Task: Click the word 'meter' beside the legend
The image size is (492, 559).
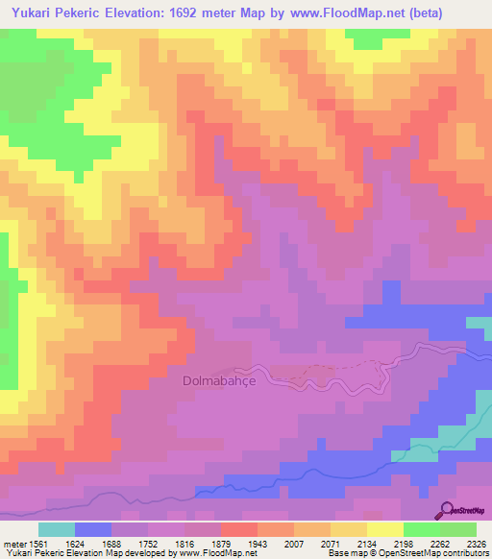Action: [14, 543]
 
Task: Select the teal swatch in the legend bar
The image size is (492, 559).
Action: [56, 529]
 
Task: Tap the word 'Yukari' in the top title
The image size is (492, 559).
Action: [29, 12]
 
